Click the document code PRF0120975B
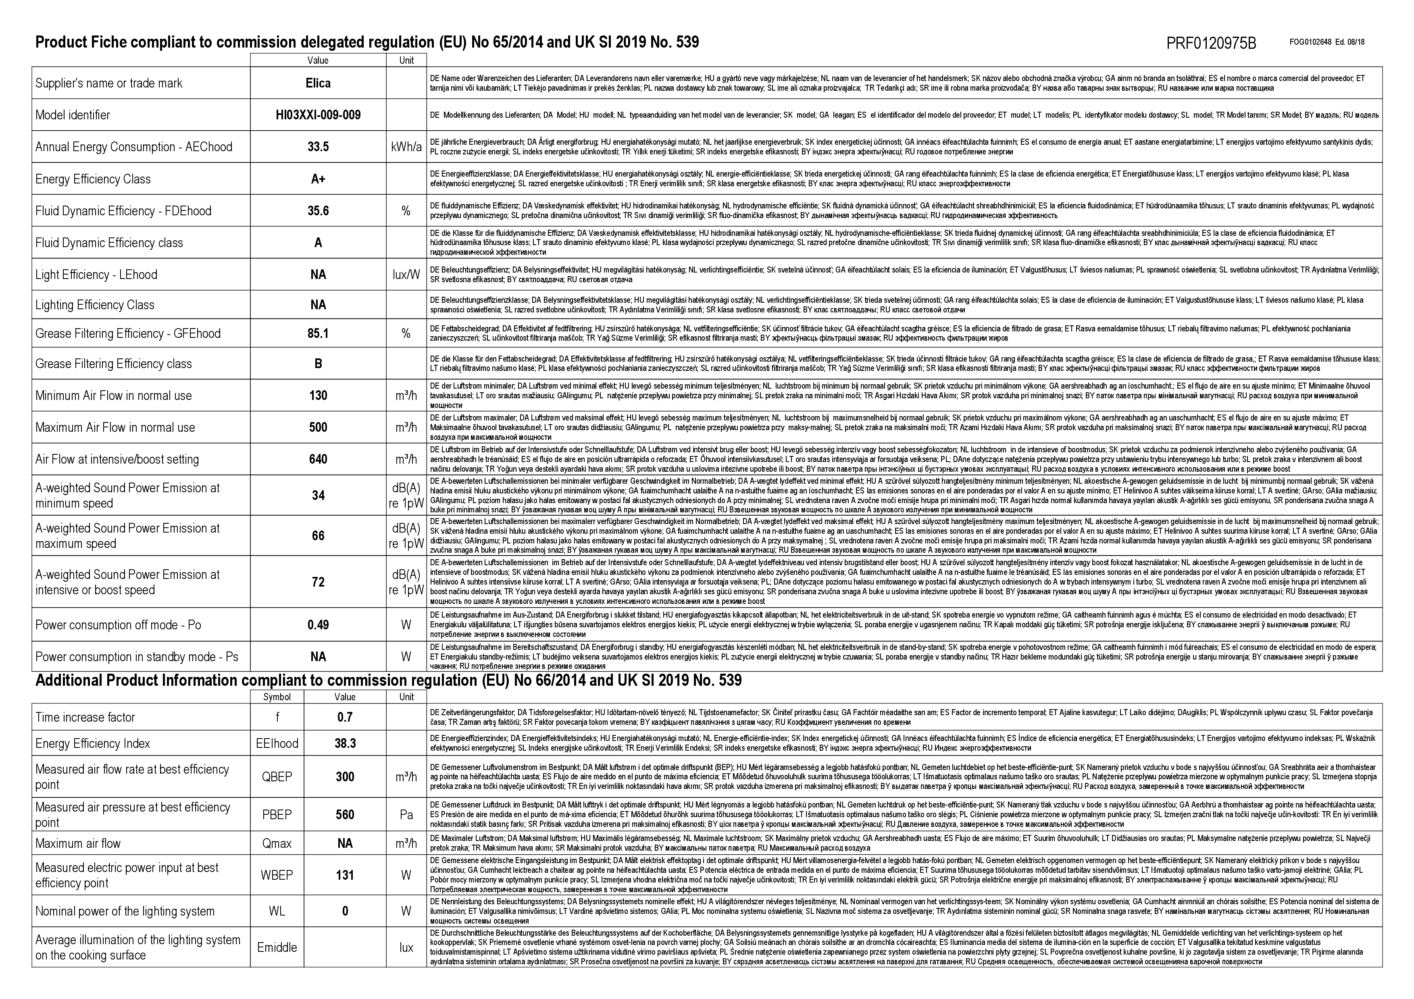pyautogui.click(x=1211, y=44)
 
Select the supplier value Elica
pyautogui.click(x=318, y=83)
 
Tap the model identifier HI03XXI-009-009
pyautogui.click(x=318, y=115)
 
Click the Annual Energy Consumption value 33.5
pyautogui.click(x=318, y=147)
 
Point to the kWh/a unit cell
pyautogui.click(x=406, y=147)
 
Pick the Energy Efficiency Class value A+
pyautogui.click(x=318, y=179)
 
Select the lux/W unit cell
pyautogui.click(x=406, y=275)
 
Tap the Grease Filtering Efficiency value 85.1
pyautogui.click(x=318, y=334)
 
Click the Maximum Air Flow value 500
pyautogui.click(x=318, y=427)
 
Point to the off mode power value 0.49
pyautogui.click(x=318, y=625)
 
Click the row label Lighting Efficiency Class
pyautogui.click(x=95, y=305)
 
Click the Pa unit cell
pyautogui.click(x=406, y=815)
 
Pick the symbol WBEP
pyautogui.click(x=277, y=875)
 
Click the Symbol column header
pyautogui.click(x=277, y=697)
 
